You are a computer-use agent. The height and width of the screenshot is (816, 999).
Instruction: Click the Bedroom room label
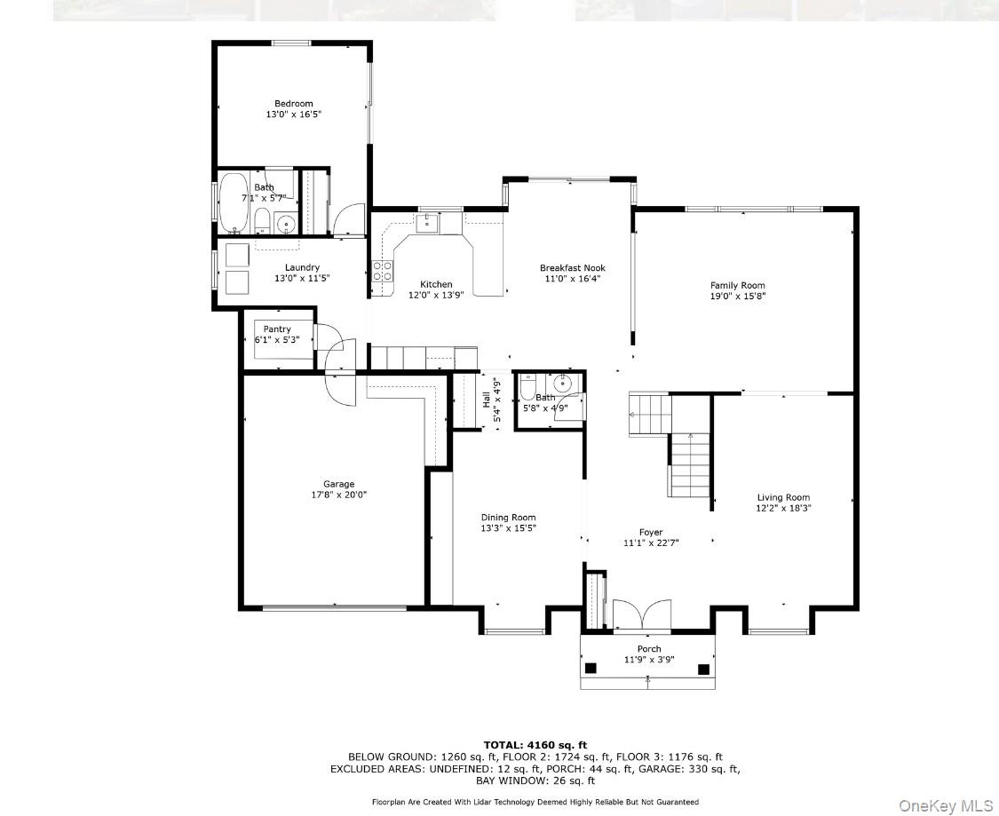pos(293,104)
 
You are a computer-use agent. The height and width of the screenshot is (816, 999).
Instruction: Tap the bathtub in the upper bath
pos(234,201)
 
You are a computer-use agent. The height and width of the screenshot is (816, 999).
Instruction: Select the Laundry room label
pos(302,267)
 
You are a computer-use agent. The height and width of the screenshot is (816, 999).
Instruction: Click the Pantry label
pos(277,329)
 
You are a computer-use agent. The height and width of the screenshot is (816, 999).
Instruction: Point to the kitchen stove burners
pos(383,271)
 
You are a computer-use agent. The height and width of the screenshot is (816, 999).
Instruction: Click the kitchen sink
pos(428,222)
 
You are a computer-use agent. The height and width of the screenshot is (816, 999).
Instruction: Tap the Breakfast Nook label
pos(573,267)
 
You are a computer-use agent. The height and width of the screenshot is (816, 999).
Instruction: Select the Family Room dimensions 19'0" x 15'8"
pos(737,297)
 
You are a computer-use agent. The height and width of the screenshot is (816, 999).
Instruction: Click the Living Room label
pos(783,497)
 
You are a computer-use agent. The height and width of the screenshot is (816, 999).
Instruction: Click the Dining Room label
pos(508,518)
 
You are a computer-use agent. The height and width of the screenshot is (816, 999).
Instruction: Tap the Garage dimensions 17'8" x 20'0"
pos(338,495)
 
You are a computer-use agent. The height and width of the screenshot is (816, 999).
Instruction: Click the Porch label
pos(649,649)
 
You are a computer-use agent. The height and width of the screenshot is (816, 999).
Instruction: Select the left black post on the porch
pos(590,669)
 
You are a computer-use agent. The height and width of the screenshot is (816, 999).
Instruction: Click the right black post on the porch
pos(703,669)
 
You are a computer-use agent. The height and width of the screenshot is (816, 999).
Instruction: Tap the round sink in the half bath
pos(562,384)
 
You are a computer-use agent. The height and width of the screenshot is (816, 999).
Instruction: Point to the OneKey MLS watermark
pos(946,804)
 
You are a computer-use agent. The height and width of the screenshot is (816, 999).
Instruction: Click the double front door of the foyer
pos(642,615)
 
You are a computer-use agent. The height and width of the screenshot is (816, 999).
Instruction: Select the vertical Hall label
pos(486,400)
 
